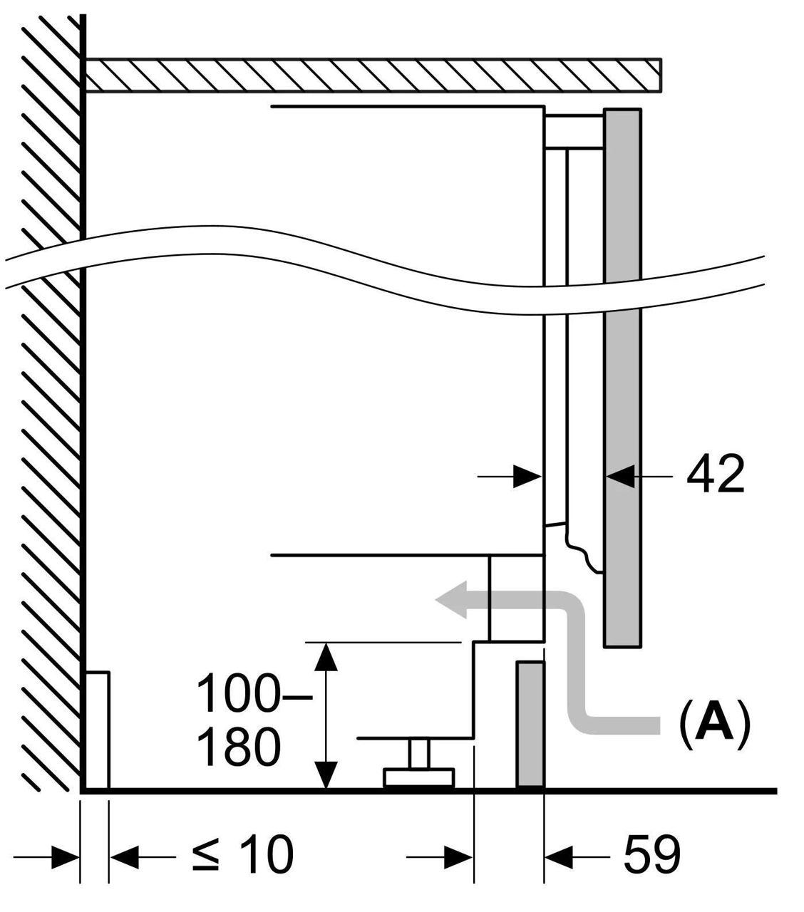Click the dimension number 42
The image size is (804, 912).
coord(715,475)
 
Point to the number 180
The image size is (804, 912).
coord(237,748)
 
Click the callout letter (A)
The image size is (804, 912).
coord(714,725)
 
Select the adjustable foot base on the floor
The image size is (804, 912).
coord(419,777)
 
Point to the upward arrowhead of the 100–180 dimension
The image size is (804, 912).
coord(326,655)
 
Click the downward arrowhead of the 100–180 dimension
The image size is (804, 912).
coord(326,775)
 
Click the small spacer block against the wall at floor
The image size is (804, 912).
coord(97,730)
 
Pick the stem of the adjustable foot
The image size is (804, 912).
coord(418,754)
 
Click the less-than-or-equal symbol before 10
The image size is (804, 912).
coord(206,855)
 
